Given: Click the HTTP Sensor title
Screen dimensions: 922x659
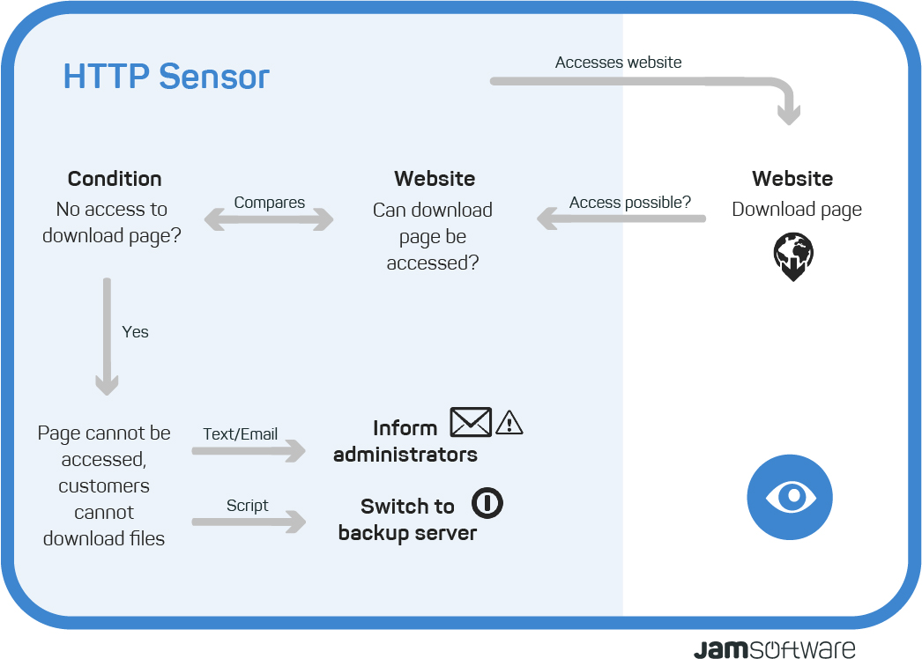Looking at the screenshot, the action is (166, 77).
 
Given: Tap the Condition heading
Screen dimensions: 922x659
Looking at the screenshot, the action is (115, 179).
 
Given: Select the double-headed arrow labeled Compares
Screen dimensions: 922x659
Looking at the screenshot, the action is (269, 219).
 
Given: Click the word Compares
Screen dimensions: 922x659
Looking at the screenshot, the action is (270, 203).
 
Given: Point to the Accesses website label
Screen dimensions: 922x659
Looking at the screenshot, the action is (619, 63).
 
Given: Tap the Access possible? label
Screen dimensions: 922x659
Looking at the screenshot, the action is (629, 203).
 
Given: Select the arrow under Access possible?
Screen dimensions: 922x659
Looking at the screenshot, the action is (621, 218).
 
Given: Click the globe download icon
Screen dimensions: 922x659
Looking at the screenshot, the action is (793, 256).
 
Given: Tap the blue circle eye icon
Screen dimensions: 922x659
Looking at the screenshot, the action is (790, 497).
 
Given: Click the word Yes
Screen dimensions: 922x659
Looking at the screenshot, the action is (135, 332).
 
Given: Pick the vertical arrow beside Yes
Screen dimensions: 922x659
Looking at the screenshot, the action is (107, 337).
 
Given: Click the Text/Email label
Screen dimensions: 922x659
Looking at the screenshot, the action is (240, 433).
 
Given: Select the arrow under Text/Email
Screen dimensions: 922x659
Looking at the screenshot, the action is (249, 451).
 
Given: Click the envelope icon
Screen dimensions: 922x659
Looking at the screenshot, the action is (471, 422).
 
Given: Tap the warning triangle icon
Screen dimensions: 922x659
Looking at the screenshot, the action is (509, 423).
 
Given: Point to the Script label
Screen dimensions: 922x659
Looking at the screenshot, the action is (247, 506).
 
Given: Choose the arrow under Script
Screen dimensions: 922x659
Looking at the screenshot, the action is (249, 522).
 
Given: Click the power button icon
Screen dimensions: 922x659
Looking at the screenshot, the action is (487, 503).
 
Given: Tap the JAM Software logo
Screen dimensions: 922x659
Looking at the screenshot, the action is (775, 649).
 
